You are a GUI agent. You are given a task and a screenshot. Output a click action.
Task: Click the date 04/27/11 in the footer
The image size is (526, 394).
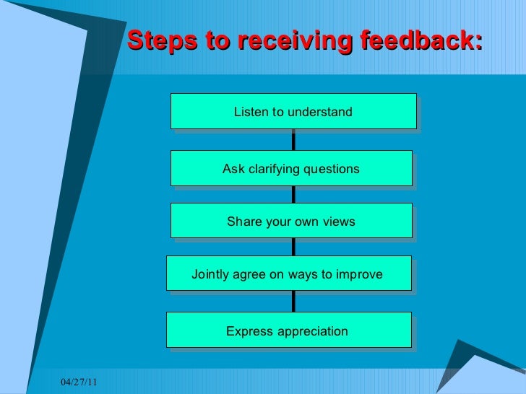pyautogui.click(x=78, y=382)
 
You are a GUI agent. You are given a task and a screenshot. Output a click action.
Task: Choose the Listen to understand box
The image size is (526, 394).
pyautogui.click(x=293, y=111)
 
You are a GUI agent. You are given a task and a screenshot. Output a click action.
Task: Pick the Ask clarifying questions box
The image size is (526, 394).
pyautogui.click(x=291, y=168)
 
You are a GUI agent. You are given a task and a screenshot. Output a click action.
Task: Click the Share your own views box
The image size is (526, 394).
pyautogui.click(x=291, y=221)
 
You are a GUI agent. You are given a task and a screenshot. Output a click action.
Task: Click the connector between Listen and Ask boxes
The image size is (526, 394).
pyautogui.click(x=293, y=140)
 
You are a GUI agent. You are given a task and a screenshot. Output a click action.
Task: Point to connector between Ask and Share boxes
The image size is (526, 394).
pyautogui.click(x=293, y=195)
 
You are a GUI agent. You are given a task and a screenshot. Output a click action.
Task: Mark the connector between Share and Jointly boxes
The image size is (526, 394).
pyautogui.click(x=293, y=248)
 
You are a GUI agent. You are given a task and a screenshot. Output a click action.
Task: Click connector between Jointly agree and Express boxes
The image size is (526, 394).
pyautogui.click(x=293, y=302)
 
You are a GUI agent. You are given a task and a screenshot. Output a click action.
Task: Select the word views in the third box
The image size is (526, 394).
pyautogui.click(x=338, y=222)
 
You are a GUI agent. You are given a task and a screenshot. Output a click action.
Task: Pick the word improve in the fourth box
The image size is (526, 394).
pyautogui.click(x=360, y=274)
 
